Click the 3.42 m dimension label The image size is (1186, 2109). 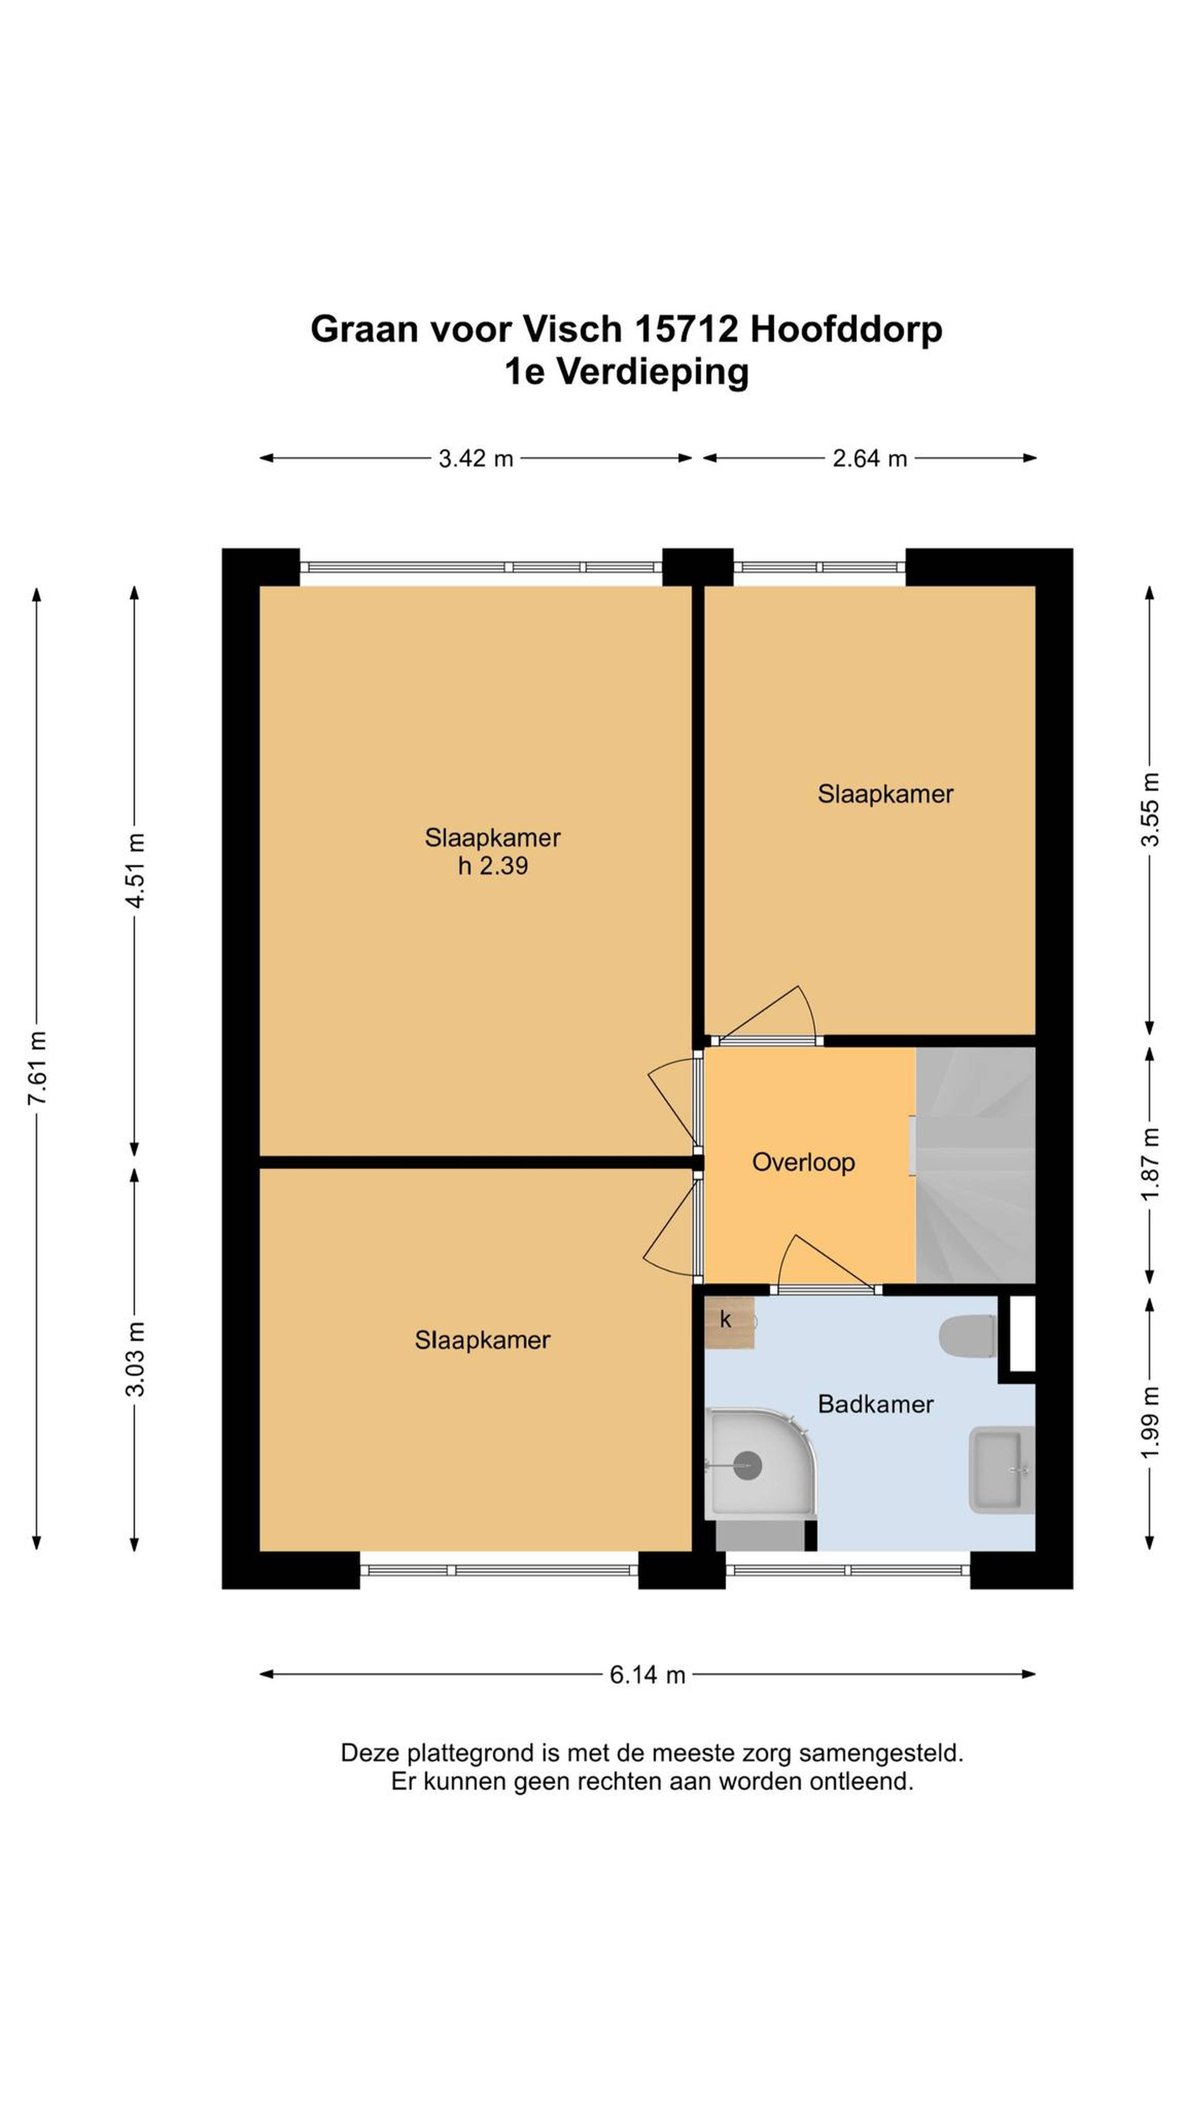click(476, 459)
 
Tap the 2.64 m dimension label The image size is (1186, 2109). click(869, 459)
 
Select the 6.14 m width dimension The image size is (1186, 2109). click(647, 1674)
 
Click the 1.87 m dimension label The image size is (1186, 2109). click(1150, 1163)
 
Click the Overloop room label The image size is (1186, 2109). click(803, 1162)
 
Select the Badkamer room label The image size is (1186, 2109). click(875, 1404)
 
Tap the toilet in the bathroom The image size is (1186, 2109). click(967, 1337)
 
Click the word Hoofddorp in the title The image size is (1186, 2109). click(846, 330)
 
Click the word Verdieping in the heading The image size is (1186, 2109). click(652, 373)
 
